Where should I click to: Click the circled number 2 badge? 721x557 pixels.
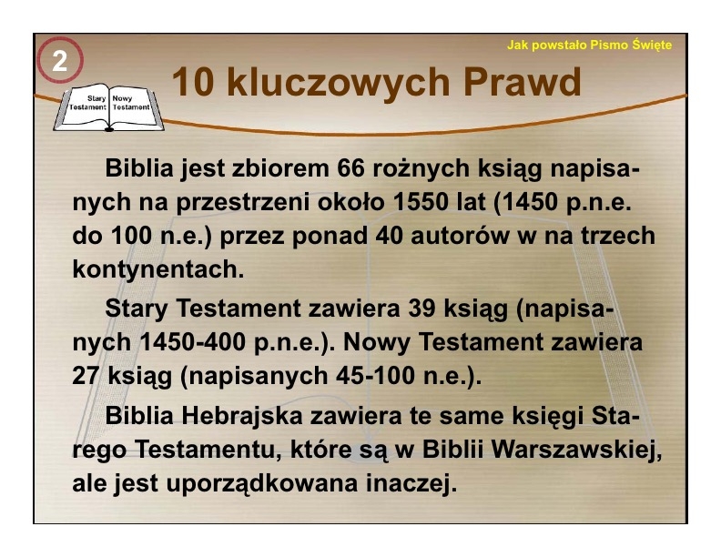click(60, 60)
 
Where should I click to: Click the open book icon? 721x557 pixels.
click(108, 107)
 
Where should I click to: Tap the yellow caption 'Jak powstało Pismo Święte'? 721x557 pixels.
click(589, 46)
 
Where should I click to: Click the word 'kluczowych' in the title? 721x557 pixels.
click(338, 82)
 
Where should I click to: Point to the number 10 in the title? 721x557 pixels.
click(193, 83)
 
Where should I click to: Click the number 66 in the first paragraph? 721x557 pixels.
click(350, 168)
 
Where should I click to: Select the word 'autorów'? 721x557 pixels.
click(460, 236)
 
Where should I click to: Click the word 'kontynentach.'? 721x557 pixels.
click(158, 269)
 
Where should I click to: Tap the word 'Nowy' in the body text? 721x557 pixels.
click(377, 342)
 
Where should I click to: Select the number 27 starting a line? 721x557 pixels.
click(86, 376)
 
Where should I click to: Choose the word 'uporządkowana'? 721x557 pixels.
click(261, 483)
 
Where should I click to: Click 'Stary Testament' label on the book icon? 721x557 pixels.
click(88, 103)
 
